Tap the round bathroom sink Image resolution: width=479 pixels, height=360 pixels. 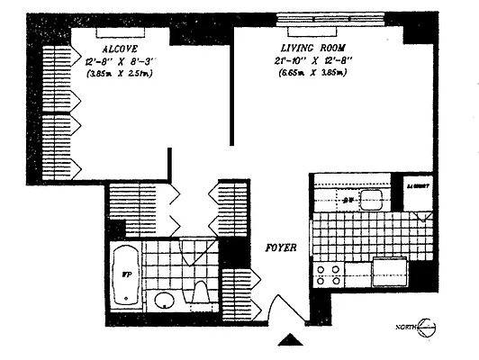pos(164,301)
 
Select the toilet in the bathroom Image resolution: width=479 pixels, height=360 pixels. pos(201,294)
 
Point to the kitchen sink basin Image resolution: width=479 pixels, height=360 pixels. pos(370,202)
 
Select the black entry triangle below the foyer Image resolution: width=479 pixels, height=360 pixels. pos(290,340)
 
